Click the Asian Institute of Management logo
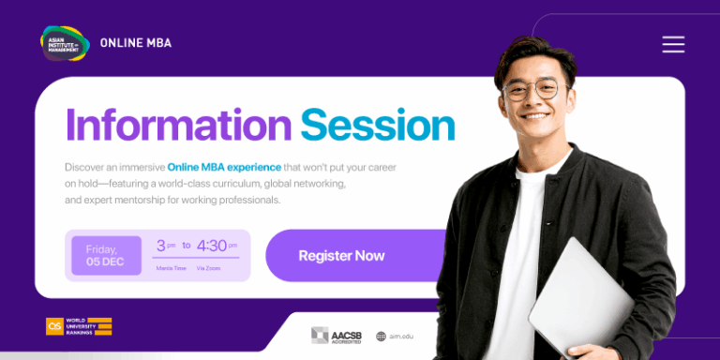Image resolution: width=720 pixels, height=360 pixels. click(x=65, y=42)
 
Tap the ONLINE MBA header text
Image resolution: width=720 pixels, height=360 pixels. click(x=136, y=43)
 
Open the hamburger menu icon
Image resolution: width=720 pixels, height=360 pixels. click(x=673, y=44)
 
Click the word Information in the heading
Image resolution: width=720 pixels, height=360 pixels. click(x=178, y=126)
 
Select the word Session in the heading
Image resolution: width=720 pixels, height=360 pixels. click(x=377, y=126)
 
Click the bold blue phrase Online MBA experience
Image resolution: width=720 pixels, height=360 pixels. click(x=224, y=167)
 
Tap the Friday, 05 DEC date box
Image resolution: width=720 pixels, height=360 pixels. click(x=106, y=255)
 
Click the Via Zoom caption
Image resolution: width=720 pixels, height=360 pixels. click(x=208, y=268)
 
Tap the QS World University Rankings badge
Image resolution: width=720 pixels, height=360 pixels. click(x=79, y=326)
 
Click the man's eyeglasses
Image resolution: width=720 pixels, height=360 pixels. click(x=530, y=90)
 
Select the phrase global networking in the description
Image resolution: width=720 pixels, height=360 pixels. click(x=306, y=184)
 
